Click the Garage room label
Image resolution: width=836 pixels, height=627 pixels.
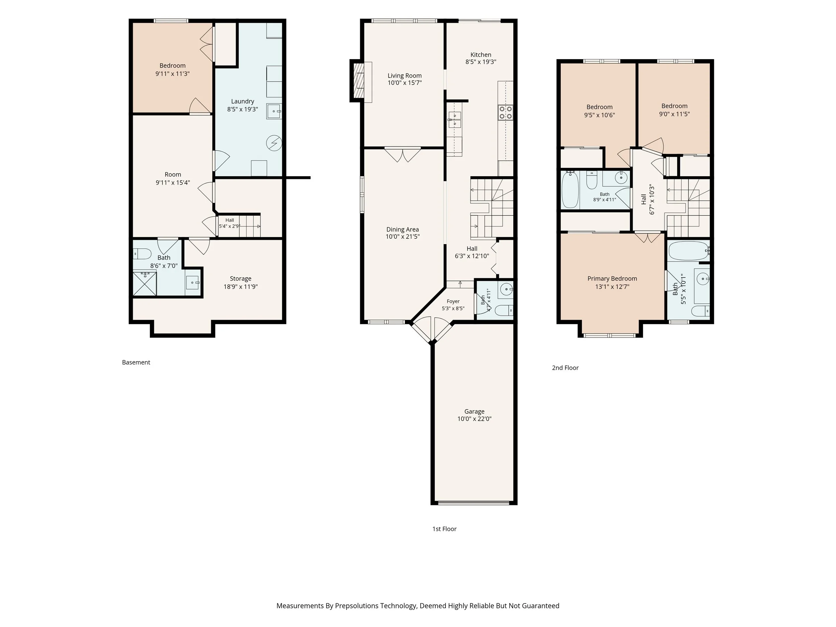point(474,411)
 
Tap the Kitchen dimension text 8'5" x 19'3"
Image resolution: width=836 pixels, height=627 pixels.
point(481,62)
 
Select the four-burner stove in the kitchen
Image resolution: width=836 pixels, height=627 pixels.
point(506,112)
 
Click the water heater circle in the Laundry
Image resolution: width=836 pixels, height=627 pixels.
point(274,143)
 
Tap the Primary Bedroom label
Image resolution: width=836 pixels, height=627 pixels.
point(612,279)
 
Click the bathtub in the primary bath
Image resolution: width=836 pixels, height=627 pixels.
point(689,250)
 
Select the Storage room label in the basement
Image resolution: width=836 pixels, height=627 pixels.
point(240,279)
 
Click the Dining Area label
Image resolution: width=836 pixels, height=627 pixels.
point(403,229)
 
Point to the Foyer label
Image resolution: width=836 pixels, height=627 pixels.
point(453,301)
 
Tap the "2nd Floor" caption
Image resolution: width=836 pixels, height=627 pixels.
point(565,368)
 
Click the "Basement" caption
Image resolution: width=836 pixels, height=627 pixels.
point(136,362)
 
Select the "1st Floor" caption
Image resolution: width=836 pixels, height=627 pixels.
point(444,529)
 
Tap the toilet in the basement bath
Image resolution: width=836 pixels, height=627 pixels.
point(142,253)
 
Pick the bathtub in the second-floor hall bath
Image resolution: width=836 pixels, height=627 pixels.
point(570,190)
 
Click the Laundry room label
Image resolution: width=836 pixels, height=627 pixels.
point(243,101)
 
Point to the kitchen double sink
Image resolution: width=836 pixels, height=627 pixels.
point(455,119)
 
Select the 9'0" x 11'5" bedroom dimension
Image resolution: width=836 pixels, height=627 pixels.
point(674,114)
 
